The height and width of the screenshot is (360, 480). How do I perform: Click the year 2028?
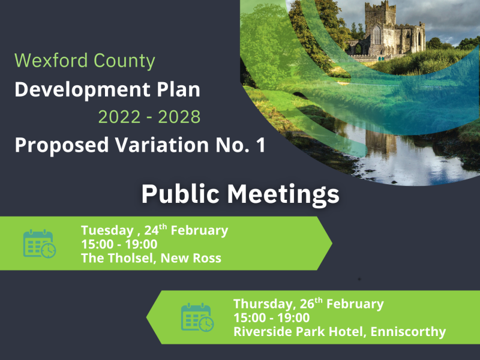179,117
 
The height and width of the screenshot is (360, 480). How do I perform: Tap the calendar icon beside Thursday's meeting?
197,317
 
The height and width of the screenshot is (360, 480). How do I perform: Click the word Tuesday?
106,230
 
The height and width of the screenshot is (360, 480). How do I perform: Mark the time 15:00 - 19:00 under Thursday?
271,318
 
